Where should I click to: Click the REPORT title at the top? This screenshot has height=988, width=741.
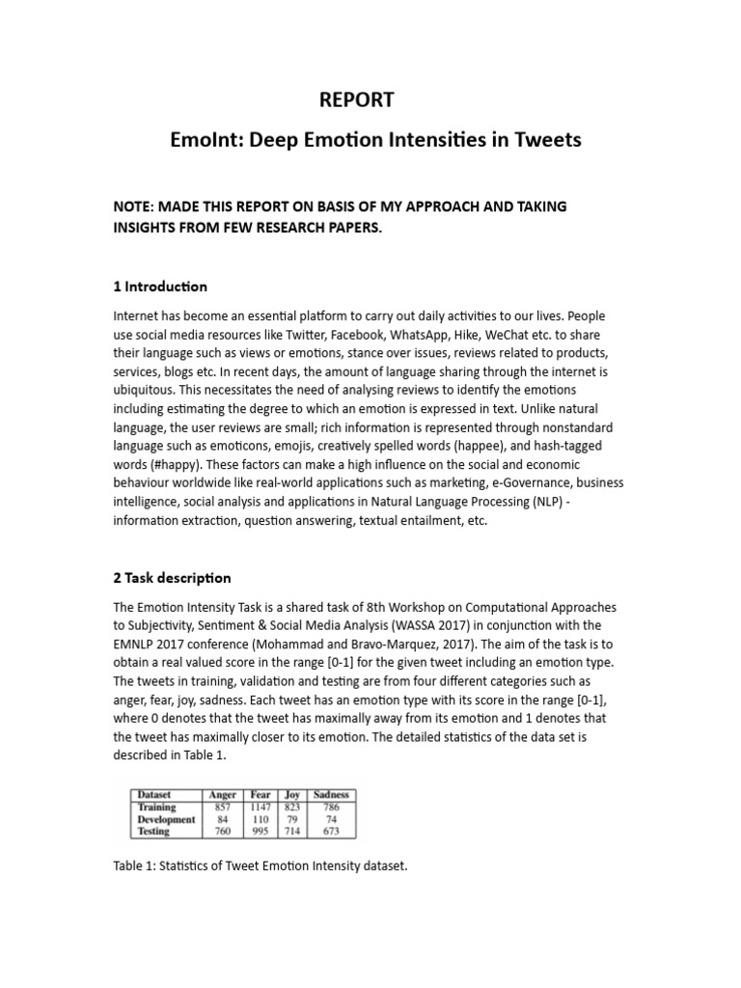[x=356, y=99]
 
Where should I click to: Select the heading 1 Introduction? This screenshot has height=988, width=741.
[x=160, y=287]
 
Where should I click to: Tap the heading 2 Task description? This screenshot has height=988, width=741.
[x=173, y=578]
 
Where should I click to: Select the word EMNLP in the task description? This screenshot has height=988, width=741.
[x=138, y=644]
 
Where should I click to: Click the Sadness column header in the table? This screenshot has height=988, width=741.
[x=331, y=795]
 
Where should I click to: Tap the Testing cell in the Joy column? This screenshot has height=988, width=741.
[x=292, y=831]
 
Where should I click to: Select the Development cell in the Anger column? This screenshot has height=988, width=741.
[x=223, y=819]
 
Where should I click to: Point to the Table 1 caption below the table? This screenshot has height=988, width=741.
[x=261, y=866]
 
